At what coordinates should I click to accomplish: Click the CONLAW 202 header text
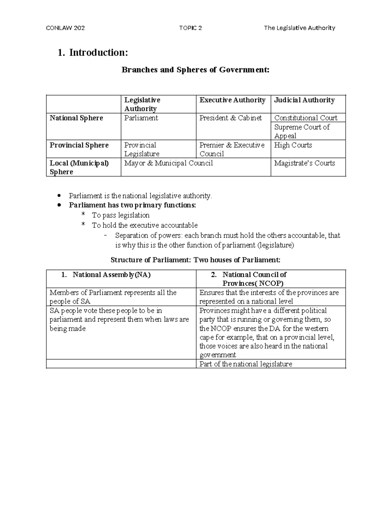[x=65, y=28]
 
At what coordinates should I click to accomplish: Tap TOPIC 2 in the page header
[x=190, y=28]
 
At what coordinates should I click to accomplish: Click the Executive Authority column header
[x=232, y=100]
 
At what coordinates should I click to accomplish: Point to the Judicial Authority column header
[x=304, y=100]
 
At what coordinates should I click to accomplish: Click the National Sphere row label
[x=76, y=118]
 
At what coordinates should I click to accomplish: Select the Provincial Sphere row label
[x=79, y=145]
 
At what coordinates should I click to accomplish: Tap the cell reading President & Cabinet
[x=230, y=118]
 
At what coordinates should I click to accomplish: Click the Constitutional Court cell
[x=305, y=118]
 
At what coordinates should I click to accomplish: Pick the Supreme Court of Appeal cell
[x=302, y=131]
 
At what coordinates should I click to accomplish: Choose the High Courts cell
[x=293, y=145]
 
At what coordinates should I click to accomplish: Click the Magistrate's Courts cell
[x=304, y=163]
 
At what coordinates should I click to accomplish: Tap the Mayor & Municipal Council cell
[x=168, y=163]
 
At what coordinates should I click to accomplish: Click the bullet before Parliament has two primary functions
[x=59, y=205]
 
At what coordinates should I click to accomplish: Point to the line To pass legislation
[x=121, y=215]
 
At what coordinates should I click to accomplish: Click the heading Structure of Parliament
[x=195, y=260]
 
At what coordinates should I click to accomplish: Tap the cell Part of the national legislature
[x=246, y=364]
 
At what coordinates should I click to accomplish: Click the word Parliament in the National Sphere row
[x=141, y=118]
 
